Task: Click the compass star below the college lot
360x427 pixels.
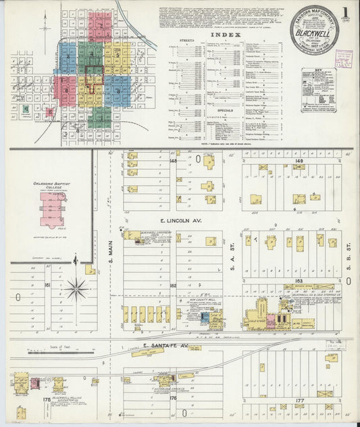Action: tap(77, 288)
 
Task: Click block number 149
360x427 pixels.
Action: tap(299, 161)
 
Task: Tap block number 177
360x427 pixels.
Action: tap(299, 400)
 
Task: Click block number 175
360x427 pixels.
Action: tap(47, 400)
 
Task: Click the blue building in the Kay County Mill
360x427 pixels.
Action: tap(205, 316)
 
